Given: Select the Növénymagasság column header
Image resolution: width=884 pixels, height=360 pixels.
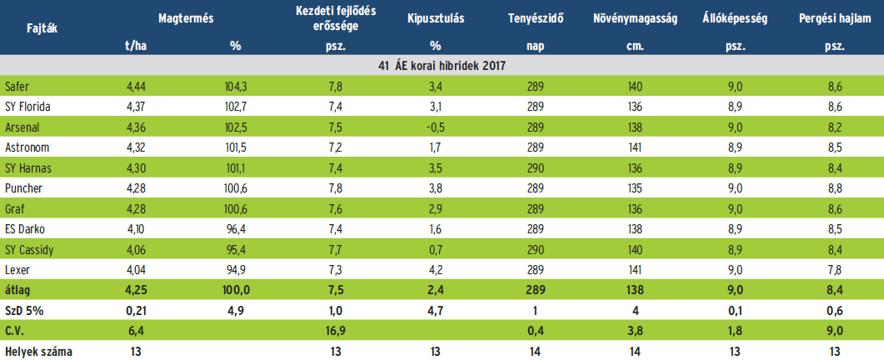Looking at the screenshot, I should (x=635, y=17).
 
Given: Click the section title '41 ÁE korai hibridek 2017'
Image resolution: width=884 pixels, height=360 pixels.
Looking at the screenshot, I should (x=442, y=64).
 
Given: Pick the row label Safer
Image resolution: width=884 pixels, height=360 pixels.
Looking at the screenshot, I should (x=17, y=87).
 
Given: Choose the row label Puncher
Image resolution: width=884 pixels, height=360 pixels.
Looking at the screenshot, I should (x=22, y=187).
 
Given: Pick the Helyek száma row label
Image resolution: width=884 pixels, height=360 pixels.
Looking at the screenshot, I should (x=38, y=352).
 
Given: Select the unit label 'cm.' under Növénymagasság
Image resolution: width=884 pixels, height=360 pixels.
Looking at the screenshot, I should (x=635, y=45).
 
